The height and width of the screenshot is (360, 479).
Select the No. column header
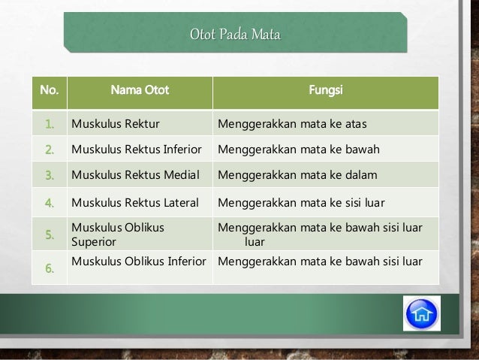click(x=47, y=92)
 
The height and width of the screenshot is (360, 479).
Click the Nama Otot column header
click(x=140, y=92)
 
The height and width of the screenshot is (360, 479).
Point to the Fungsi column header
click(x=323, y=92)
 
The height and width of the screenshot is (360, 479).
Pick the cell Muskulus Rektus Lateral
click(x=135, y=202)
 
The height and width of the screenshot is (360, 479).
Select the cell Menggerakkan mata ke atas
click(x=290, y=123)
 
